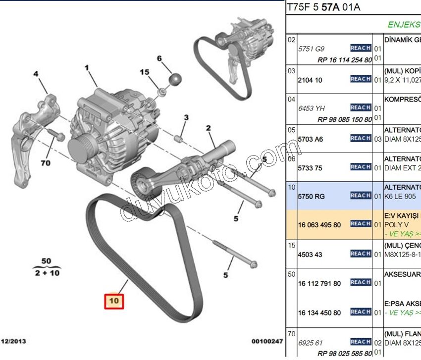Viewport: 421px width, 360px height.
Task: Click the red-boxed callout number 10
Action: point(114,300)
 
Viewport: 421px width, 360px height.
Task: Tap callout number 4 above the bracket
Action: point(36,74)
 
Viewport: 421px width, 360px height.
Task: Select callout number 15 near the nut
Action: point(144,72)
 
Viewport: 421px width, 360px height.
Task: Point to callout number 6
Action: point(159,58)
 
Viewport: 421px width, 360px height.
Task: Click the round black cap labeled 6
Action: point(174,79)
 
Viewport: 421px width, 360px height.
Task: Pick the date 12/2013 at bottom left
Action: point(15,341)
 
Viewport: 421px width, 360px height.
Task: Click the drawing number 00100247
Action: point(266,341)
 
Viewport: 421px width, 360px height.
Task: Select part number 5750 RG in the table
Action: point(312,197)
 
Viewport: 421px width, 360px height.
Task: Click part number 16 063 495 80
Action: point(319,224)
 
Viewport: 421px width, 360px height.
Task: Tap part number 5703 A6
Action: point(311,139)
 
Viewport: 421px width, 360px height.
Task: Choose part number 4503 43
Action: point(311,255)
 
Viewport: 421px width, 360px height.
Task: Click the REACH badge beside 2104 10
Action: point(361,79)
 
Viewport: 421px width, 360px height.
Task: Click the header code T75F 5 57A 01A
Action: point(323,7)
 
